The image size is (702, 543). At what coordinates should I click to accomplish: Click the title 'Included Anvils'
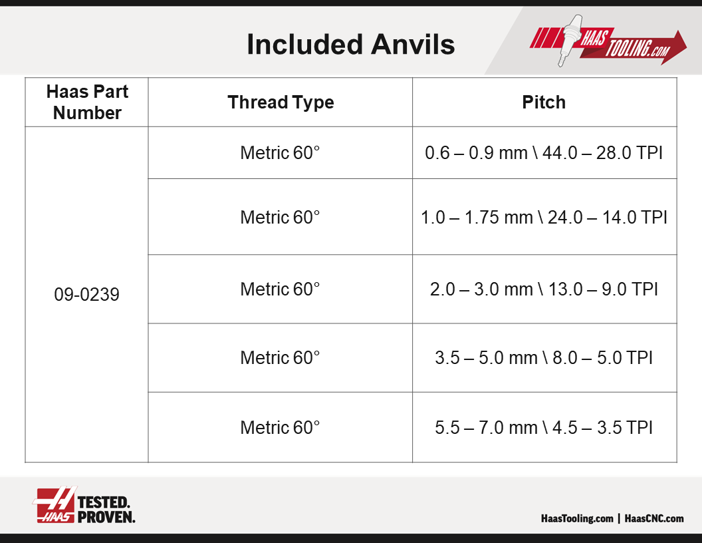pos(350,45)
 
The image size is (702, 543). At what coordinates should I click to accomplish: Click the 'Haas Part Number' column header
pos(87,102)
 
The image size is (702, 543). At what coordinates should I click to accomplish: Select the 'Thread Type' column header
pos(281,102)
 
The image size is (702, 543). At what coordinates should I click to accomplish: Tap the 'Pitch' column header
pos(544,102)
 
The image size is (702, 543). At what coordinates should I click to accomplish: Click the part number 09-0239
pos(86,294)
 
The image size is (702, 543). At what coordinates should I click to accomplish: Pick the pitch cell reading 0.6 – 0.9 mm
pos(544,153)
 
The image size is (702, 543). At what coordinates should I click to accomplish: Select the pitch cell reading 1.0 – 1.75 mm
pos(544,218)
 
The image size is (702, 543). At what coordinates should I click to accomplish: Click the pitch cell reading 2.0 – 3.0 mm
pos(544,289)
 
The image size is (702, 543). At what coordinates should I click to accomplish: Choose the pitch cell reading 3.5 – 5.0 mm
pos(544,357)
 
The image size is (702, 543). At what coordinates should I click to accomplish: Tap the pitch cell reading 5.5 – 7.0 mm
pos(544,427)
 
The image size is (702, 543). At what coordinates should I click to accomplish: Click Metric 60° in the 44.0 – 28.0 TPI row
pos(280,153)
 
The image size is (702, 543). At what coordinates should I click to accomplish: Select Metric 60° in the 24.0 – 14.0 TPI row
pos(280,218)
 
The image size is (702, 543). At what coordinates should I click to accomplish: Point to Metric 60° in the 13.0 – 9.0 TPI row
pos(280,289)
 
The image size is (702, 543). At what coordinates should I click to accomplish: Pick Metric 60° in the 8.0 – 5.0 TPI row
pos(280,357)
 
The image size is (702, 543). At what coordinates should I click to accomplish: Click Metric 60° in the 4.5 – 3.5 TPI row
pos(280,427)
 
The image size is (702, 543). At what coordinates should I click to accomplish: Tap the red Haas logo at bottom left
pos(55,505)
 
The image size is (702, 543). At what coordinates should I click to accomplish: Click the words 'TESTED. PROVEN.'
pos(106,510)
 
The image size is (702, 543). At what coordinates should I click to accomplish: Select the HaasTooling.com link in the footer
pos(577,518)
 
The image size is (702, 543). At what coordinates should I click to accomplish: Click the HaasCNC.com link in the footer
pos(654,518)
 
